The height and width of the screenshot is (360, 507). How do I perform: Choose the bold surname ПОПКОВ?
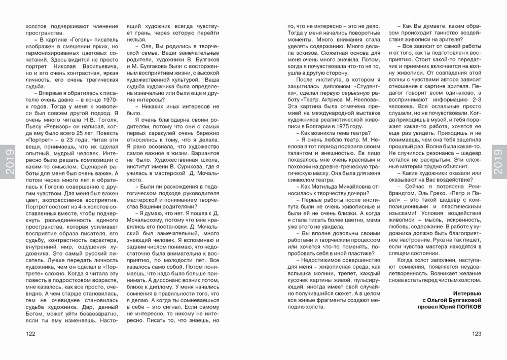(x=463, y=307)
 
